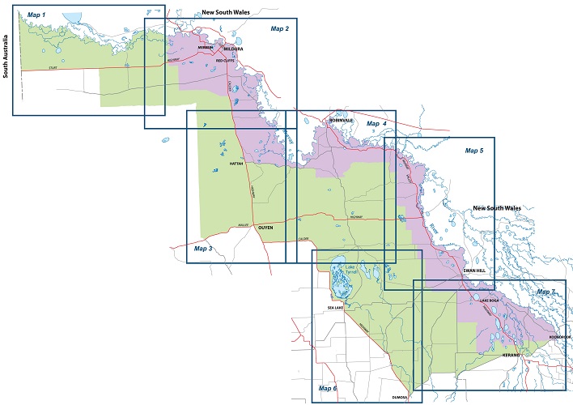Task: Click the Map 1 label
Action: [37, 15]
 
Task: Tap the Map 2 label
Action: [279, 29]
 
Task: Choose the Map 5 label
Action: [473, 150]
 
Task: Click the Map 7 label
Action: [547, 291]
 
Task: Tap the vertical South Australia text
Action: [6, 56]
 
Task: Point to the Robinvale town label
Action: [340, 120]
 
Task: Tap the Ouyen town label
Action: [267, 228]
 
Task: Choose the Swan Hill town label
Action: [474, 270]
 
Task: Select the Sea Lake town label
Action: [337, 308]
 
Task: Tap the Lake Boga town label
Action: [490, 301]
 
